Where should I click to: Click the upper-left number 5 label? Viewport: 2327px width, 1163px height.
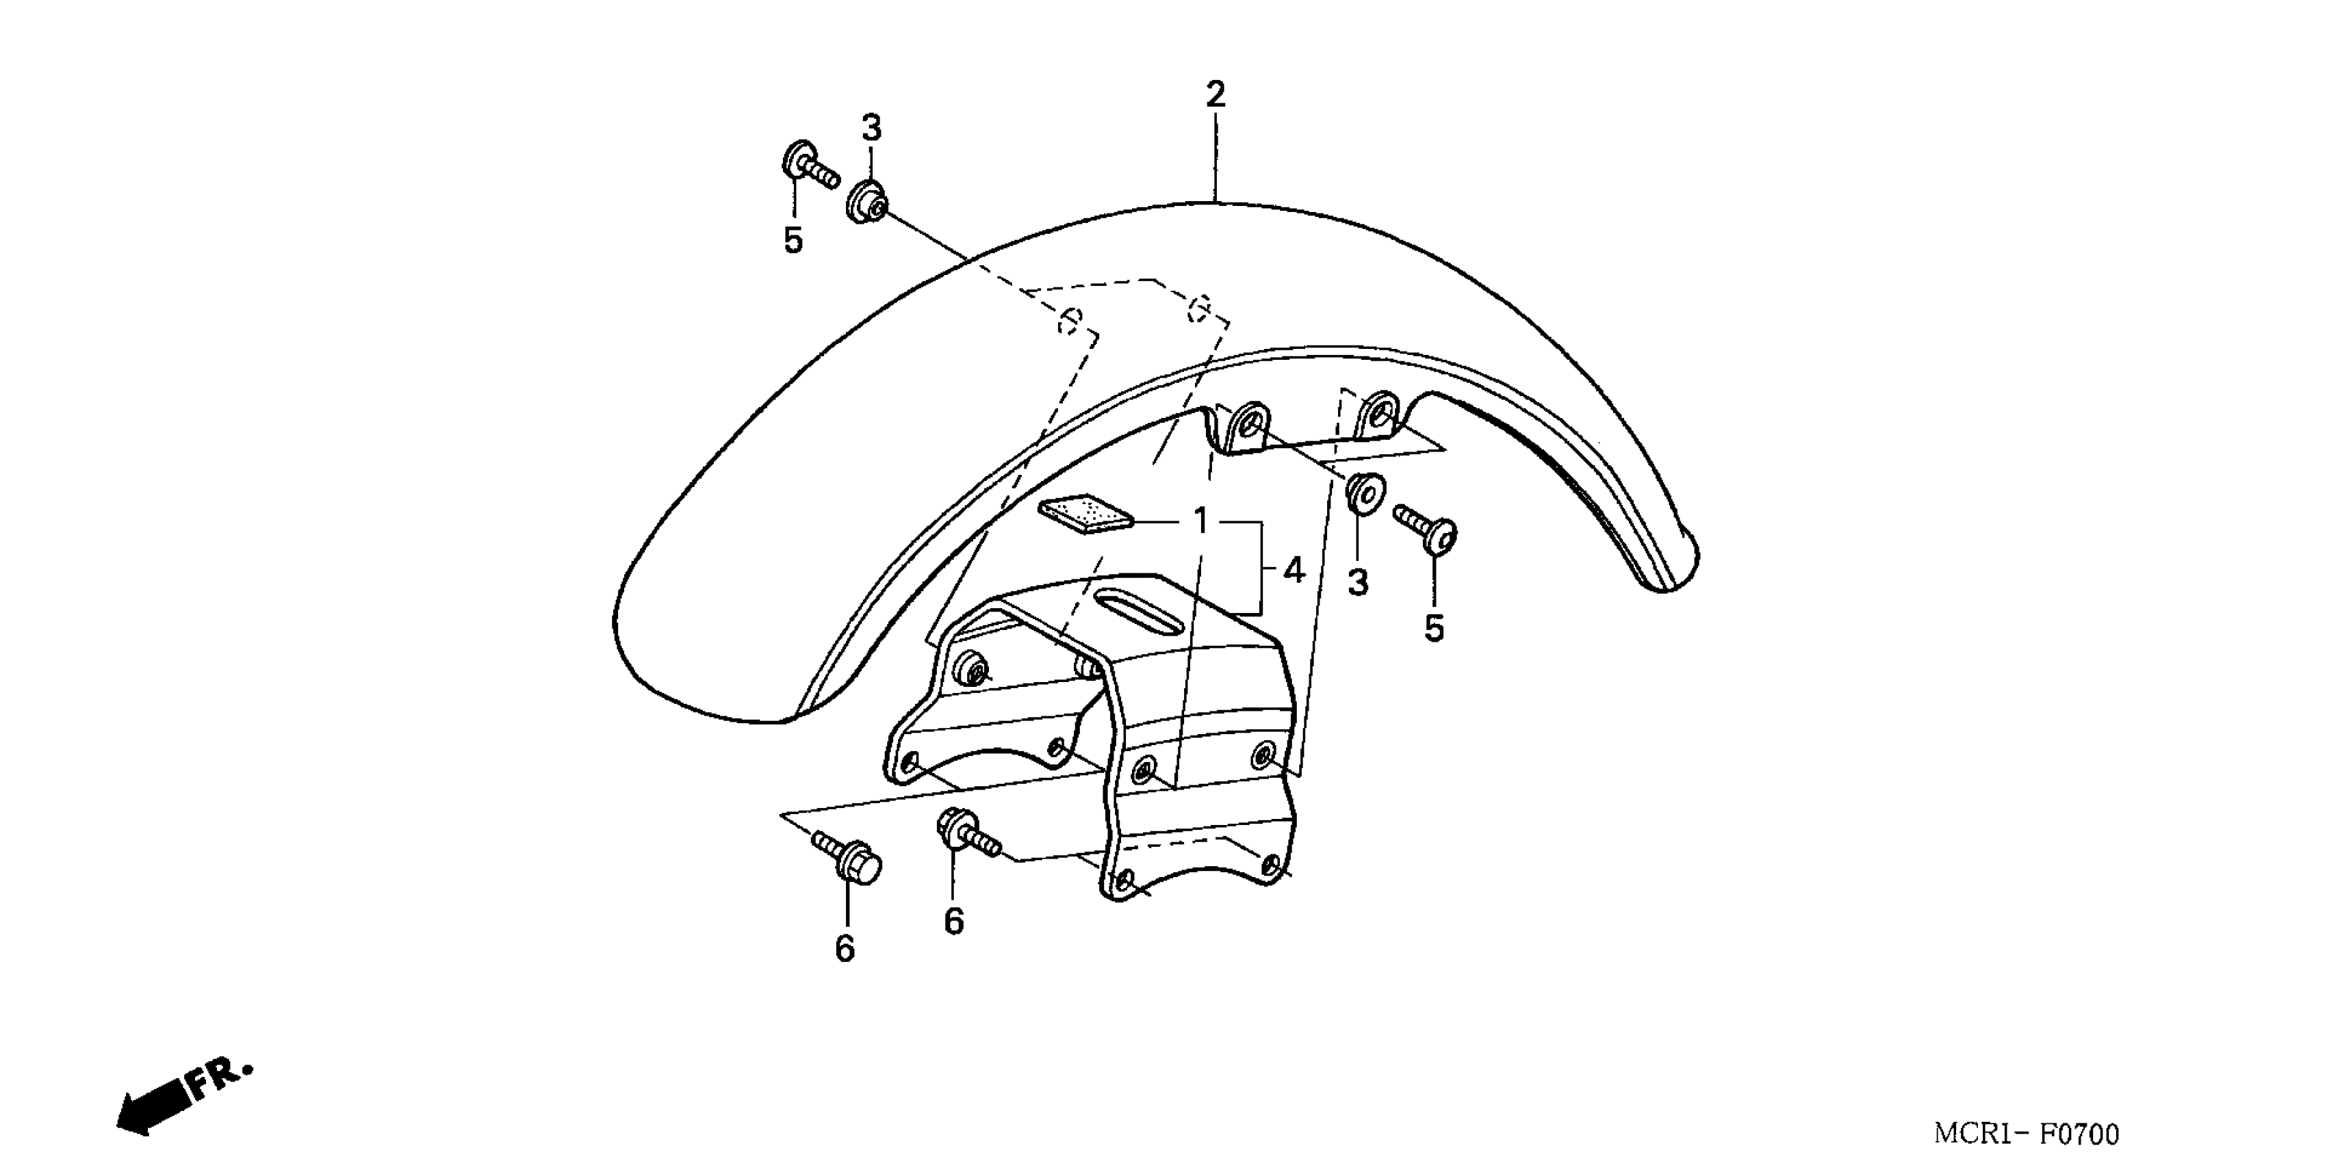pyautogui.click(x=793, y=241)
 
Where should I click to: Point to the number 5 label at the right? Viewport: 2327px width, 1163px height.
pyautogui.click(x=1435, y=629)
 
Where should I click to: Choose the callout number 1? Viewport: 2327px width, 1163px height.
pyautogui.click(x=1200, y=521)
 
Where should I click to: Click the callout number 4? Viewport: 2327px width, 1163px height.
pyautogui.click(x=1294, y=571)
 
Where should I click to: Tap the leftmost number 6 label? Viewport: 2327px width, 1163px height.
pyautogui.click(x=845, y=949)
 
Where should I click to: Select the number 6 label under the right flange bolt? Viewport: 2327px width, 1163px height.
pyautogui.click(x=954, y=922)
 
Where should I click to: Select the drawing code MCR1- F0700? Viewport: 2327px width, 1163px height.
pyautogui.click(x=2026, y=1133)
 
